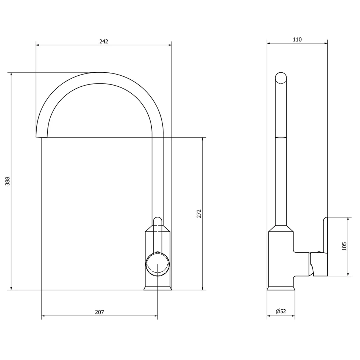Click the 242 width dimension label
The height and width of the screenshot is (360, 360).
click(104, 42)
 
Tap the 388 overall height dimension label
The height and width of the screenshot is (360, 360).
click(8, 181)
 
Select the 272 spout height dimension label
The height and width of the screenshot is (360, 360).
click(199, 213)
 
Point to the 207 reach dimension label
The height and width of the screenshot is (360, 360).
click(100, 312)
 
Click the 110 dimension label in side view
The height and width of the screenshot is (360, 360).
click(297, 40)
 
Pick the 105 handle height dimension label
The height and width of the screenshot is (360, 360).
click(344, 246)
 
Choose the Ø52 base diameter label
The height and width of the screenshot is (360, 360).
click(281, 312)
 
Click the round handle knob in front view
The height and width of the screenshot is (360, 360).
click(158, 264)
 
